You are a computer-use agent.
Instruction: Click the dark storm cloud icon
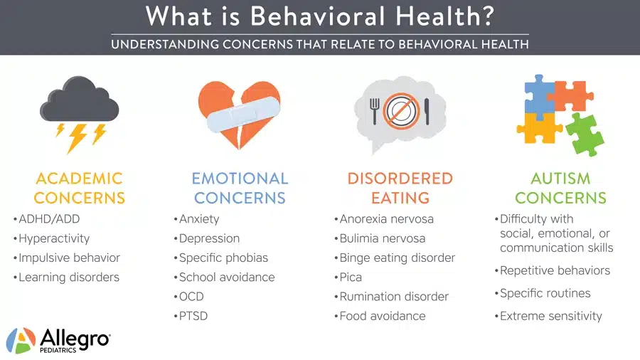(x=79, y=100)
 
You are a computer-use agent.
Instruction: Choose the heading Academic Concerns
(x=79, y=188)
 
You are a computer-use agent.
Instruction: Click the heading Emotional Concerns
(x=240, y=188)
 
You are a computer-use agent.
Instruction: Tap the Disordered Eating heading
(x=400, y=188)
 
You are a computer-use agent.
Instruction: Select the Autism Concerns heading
(x=560, y=188)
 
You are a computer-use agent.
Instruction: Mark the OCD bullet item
(x=193, y=297)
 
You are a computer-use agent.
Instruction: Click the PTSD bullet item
(x=193, y=316)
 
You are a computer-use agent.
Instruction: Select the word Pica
(x=351, y=277)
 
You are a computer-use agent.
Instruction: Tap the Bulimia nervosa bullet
(x=382, y=238)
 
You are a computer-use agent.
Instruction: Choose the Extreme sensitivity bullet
(x=550, y=316)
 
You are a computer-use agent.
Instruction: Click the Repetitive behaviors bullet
(x=555, y=270)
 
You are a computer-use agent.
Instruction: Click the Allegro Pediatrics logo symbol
(x=21, y=340)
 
